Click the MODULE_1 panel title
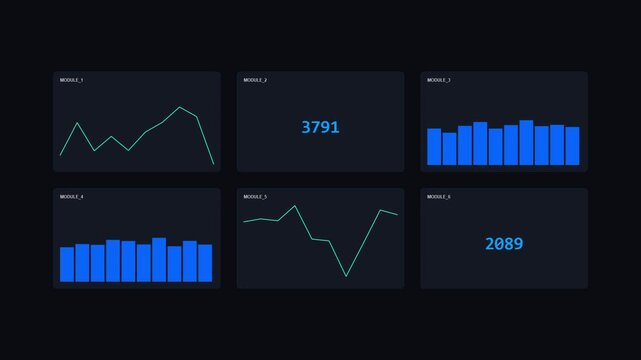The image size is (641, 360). click(72, 80)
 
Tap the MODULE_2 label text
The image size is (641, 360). click(255, 80)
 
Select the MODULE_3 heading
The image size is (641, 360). click(439, 80)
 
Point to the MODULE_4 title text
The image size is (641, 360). click(72, 197)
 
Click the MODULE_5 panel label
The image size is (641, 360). click(255, 197)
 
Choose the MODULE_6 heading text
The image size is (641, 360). click(439, 197)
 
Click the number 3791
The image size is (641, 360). click(320, 127)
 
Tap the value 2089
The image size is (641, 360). click(504, 244)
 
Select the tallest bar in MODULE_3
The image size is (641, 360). click(526, 142)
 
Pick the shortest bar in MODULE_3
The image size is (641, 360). click(449, 149)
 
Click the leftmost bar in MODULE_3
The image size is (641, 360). click(434, 146)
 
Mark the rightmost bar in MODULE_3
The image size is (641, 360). click(572, 146)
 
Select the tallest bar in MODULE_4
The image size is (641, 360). click(159, 260)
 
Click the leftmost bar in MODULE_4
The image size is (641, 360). click(67, 265)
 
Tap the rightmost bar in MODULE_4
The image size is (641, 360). click(205, 263)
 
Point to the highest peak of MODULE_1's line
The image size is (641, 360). click(180, 107)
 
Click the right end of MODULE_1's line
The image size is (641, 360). click(213, 164)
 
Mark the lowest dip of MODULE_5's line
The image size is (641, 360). click(346, 276)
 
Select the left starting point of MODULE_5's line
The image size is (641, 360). click(244, 222)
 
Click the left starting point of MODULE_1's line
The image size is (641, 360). click(60, 155)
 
